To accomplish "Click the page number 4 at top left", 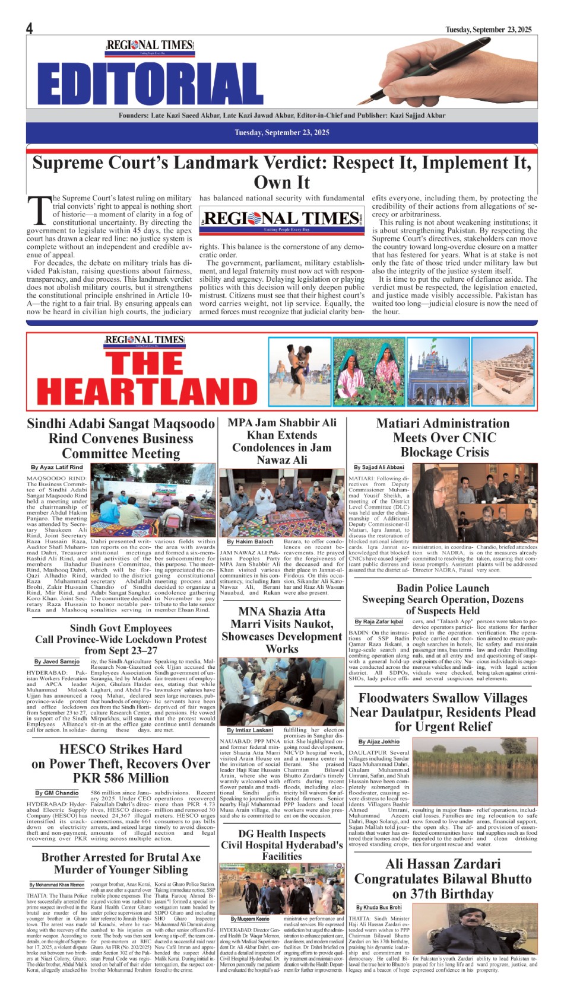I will click(29, 28).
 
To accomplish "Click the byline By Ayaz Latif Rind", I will click(57, 467).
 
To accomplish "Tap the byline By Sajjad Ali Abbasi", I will click(379, 467).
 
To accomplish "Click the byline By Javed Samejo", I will click(56, 661).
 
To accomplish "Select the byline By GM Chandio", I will click(56, 793).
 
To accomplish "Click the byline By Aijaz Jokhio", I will click(379, 741).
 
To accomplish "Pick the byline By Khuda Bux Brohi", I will click(379, 907).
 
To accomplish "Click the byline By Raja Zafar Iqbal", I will click(379, 621).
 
